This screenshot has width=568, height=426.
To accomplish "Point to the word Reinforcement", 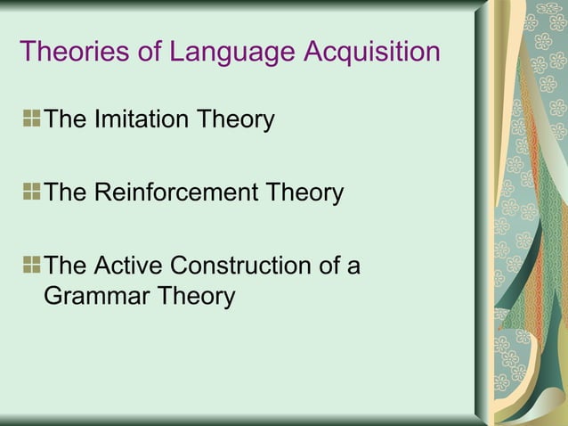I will click(183, 193).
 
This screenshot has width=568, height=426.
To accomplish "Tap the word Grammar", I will click(94, 296).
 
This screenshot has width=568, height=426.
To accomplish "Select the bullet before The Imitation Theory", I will click(32, 118).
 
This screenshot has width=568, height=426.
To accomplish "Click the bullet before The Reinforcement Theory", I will click(32, 192).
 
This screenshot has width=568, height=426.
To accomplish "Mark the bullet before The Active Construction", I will click(32, 265).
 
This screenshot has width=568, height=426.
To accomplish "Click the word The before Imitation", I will click(64, 119).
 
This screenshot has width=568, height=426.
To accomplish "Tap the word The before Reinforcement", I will click(64, 193).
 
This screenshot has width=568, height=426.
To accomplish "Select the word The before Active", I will click(64, 266).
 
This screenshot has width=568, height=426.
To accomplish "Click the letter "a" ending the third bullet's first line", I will click(353, 266).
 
